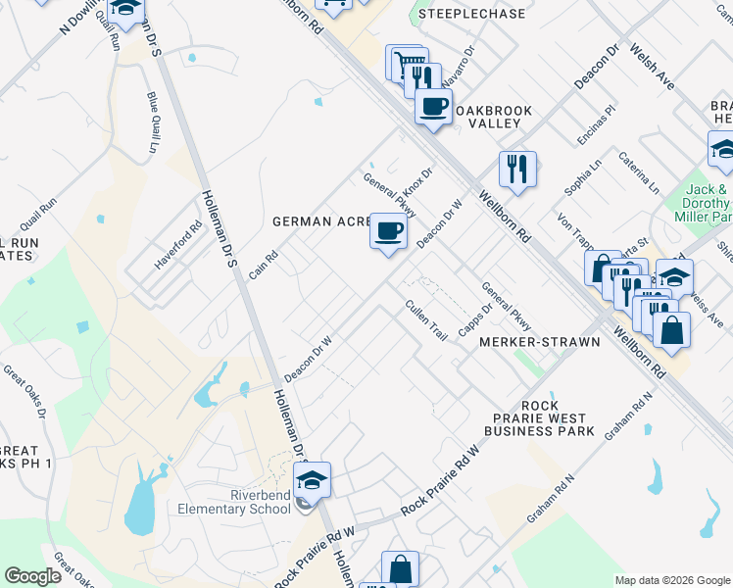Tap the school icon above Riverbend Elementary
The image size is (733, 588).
(313, 480)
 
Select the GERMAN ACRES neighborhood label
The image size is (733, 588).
(319, 221)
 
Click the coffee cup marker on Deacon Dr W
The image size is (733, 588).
(388, 232)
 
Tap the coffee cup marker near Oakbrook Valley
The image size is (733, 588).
(432, 105)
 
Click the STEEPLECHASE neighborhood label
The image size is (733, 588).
(471, 15)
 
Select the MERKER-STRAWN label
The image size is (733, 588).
(524, 343)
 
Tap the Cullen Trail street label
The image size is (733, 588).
(426, 320)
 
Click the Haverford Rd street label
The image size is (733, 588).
(178, 245)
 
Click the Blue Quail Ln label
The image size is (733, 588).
(152, 122)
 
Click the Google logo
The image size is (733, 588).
(32, 576)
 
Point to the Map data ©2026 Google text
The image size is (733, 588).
(672, 580)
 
